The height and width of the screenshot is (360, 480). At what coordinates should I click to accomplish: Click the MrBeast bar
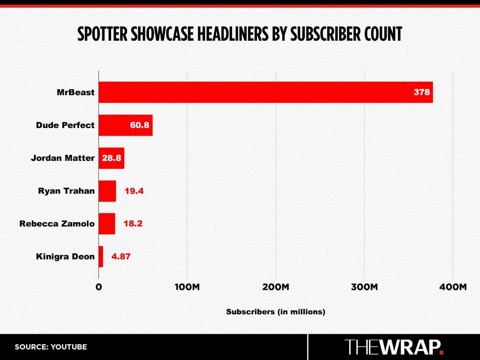pos(266,92)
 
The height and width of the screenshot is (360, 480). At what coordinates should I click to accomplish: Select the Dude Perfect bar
pos(126,125)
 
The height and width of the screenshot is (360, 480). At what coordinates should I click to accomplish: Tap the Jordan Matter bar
pos(112,158)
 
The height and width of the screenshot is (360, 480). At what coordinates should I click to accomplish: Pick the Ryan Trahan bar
pos(107,191)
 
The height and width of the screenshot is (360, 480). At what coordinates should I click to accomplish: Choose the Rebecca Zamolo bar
pos(107,224)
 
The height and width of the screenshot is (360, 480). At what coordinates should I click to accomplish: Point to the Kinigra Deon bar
pos(101,256)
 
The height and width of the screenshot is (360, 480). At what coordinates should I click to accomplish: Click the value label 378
pos(421,92)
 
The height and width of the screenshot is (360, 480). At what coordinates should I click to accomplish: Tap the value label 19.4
pos(134,191)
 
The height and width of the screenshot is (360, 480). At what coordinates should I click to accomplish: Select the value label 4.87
pos(121,256)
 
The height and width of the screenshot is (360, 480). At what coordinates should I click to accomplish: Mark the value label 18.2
pos(133,224)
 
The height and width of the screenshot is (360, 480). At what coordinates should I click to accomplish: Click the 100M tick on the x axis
pos(187,287)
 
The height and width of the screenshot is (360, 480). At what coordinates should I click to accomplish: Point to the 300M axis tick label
pos(364,287)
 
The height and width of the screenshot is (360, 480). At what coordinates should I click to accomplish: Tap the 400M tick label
pos(453,287)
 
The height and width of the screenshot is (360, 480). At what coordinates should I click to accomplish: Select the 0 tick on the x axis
pos(98,287)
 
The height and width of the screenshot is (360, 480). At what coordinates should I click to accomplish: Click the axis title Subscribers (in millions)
pos(276,312)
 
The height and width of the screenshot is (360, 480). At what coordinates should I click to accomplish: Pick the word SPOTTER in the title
pos(102,34)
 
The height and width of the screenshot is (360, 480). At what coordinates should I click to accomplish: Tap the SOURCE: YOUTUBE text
pos(51,347)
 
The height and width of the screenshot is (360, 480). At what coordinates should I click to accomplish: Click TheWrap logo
pos(394,347)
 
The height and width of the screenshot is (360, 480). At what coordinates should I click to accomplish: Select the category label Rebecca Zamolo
pos(57,224)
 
